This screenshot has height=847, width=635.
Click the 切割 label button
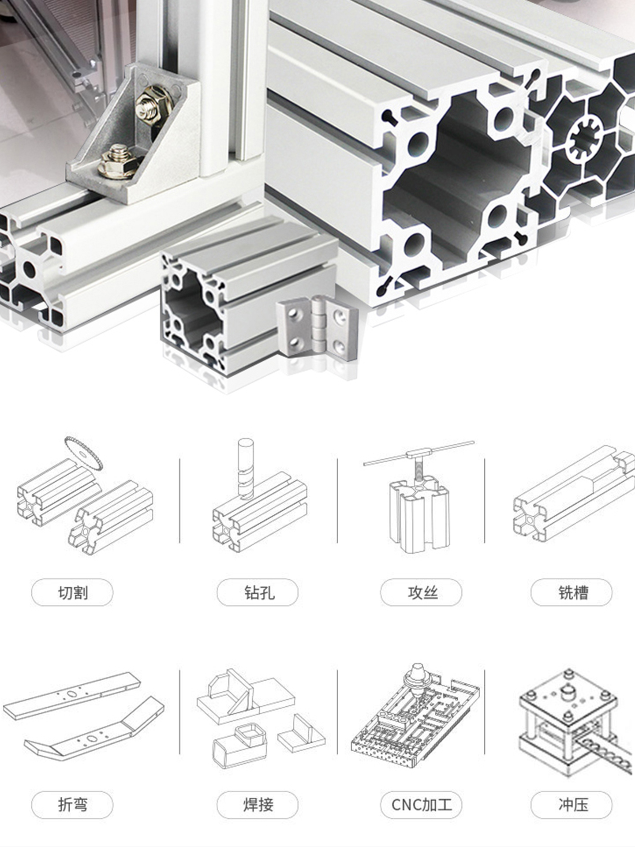[72, 592]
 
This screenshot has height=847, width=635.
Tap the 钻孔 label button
[258, 592]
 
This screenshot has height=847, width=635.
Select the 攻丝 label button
[421, 592]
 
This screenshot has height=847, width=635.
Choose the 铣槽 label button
[571, 592]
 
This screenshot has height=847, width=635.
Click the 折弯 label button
[72, 805]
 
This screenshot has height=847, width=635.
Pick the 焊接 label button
[258, 805]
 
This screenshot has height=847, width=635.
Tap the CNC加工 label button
[421, 805]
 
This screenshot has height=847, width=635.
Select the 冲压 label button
[571, 805]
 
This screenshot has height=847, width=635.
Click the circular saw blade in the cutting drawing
[82, 453]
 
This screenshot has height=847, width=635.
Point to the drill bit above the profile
[246, 468]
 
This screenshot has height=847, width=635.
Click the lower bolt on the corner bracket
[117, 161]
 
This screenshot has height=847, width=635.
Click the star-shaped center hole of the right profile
[585, 139]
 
